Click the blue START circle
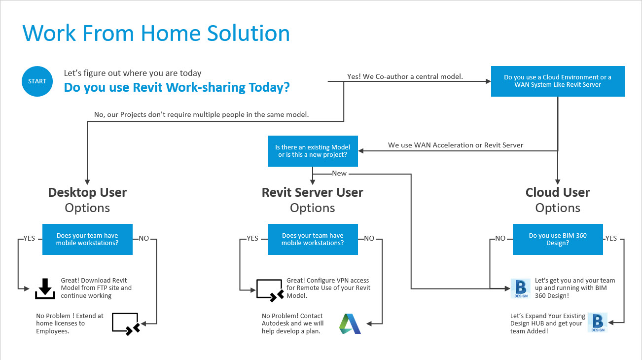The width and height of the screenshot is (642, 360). click(37, 81)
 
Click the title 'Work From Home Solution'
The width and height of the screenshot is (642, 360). click(156, 33)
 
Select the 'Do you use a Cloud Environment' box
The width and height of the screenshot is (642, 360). click(557, 81)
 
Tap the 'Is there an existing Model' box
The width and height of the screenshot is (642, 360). click(313, 151)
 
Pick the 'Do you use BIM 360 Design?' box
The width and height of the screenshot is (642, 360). click(558, 239)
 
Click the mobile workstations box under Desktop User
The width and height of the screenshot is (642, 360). click(87, 239)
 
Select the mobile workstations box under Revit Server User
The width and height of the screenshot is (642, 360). click(313, 239)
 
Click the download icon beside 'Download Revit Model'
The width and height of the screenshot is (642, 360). click(45, 288)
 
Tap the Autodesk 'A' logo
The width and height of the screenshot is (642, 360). click(350, 324)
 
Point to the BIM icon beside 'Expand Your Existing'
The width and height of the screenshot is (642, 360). click(597, 323)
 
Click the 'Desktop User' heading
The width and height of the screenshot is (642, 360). click(87, 192)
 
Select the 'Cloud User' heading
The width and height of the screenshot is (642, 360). click(558, 192)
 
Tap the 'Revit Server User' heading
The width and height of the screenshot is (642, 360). click(313, 192)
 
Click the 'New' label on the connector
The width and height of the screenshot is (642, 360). click(339, 174)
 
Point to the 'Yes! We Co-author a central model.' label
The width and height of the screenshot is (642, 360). click(405, 76)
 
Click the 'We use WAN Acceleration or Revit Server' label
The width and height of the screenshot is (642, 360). click(456, 145)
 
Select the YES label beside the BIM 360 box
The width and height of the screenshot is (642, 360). click(611, 238)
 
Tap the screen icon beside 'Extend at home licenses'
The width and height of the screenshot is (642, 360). click(126, 324)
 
